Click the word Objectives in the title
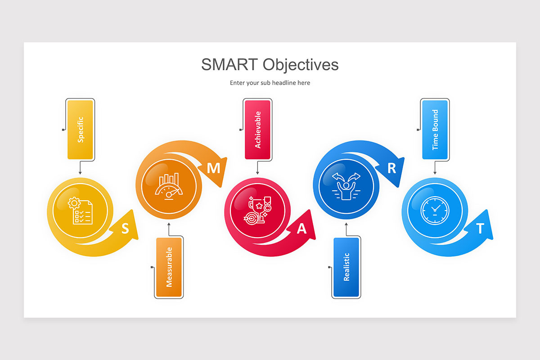pos(301,64)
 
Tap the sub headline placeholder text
pos(270,83)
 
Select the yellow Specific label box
pos(81,130)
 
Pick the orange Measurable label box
pos(169,267)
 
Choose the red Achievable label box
pos(257,130)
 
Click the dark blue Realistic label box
pos(346,267)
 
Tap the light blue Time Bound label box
pos(435,130)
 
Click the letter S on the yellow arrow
pos(125,229)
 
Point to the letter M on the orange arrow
pos(213,168)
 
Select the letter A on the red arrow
pos(302,229)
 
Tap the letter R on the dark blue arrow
pos(391,168)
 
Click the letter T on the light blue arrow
pos(480,229)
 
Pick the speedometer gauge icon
pos(169,185)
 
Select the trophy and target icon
pos(257,210)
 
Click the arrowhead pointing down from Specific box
pos(80,173)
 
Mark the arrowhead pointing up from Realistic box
pos(346,223)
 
